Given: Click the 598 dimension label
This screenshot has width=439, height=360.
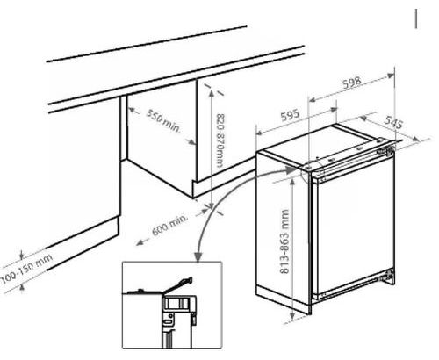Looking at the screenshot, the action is pos(352,83).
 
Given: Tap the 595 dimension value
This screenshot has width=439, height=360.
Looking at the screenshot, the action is pos(290,115).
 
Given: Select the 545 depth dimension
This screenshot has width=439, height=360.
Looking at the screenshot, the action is pos(393,122).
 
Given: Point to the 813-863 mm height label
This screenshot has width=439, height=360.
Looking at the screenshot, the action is pos(284,241).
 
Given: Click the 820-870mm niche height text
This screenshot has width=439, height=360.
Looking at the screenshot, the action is pos(221,140).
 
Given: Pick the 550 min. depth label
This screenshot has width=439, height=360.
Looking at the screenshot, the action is pos(163,120).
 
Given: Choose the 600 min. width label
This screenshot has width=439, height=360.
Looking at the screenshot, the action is pos(169,225).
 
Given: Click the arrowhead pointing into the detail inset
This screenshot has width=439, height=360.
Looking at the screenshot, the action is pos(198,256).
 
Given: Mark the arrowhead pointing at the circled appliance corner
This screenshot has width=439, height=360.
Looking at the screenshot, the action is pos(292,169).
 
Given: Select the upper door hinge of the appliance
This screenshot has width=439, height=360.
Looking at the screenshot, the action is pos(386,149).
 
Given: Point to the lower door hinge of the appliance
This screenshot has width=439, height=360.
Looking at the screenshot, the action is pos(388,277).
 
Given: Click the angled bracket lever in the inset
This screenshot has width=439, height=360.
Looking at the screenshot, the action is pos(178,284).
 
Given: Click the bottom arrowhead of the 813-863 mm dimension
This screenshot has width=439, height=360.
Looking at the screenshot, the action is pos(292,316).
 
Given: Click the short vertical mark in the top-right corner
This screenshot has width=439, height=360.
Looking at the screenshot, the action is pos(415,18).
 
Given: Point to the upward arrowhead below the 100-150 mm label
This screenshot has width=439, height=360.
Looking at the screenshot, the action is pos(21,288).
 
